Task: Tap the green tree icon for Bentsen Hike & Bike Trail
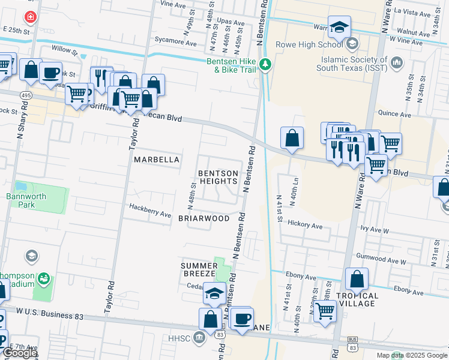click(x=265, y=64)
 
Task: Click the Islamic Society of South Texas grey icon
click(x=397, y=62)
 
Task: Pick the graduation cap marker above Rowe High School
click(x=340, y=28)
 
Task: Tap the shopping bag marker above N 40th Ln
click(x=291, y=138)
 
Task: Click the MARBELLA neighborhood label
click(x=157, y=160)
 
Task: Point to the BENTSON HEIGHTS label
click(x=218, y=177)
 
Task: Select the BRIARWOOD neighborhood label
click(x=204, y=218)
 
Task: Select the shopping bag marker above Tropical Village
click(x=357, y=279)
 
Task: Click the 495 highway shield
click(x=26, y=95)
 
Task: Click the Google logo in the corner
click(x=20, y=353)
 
